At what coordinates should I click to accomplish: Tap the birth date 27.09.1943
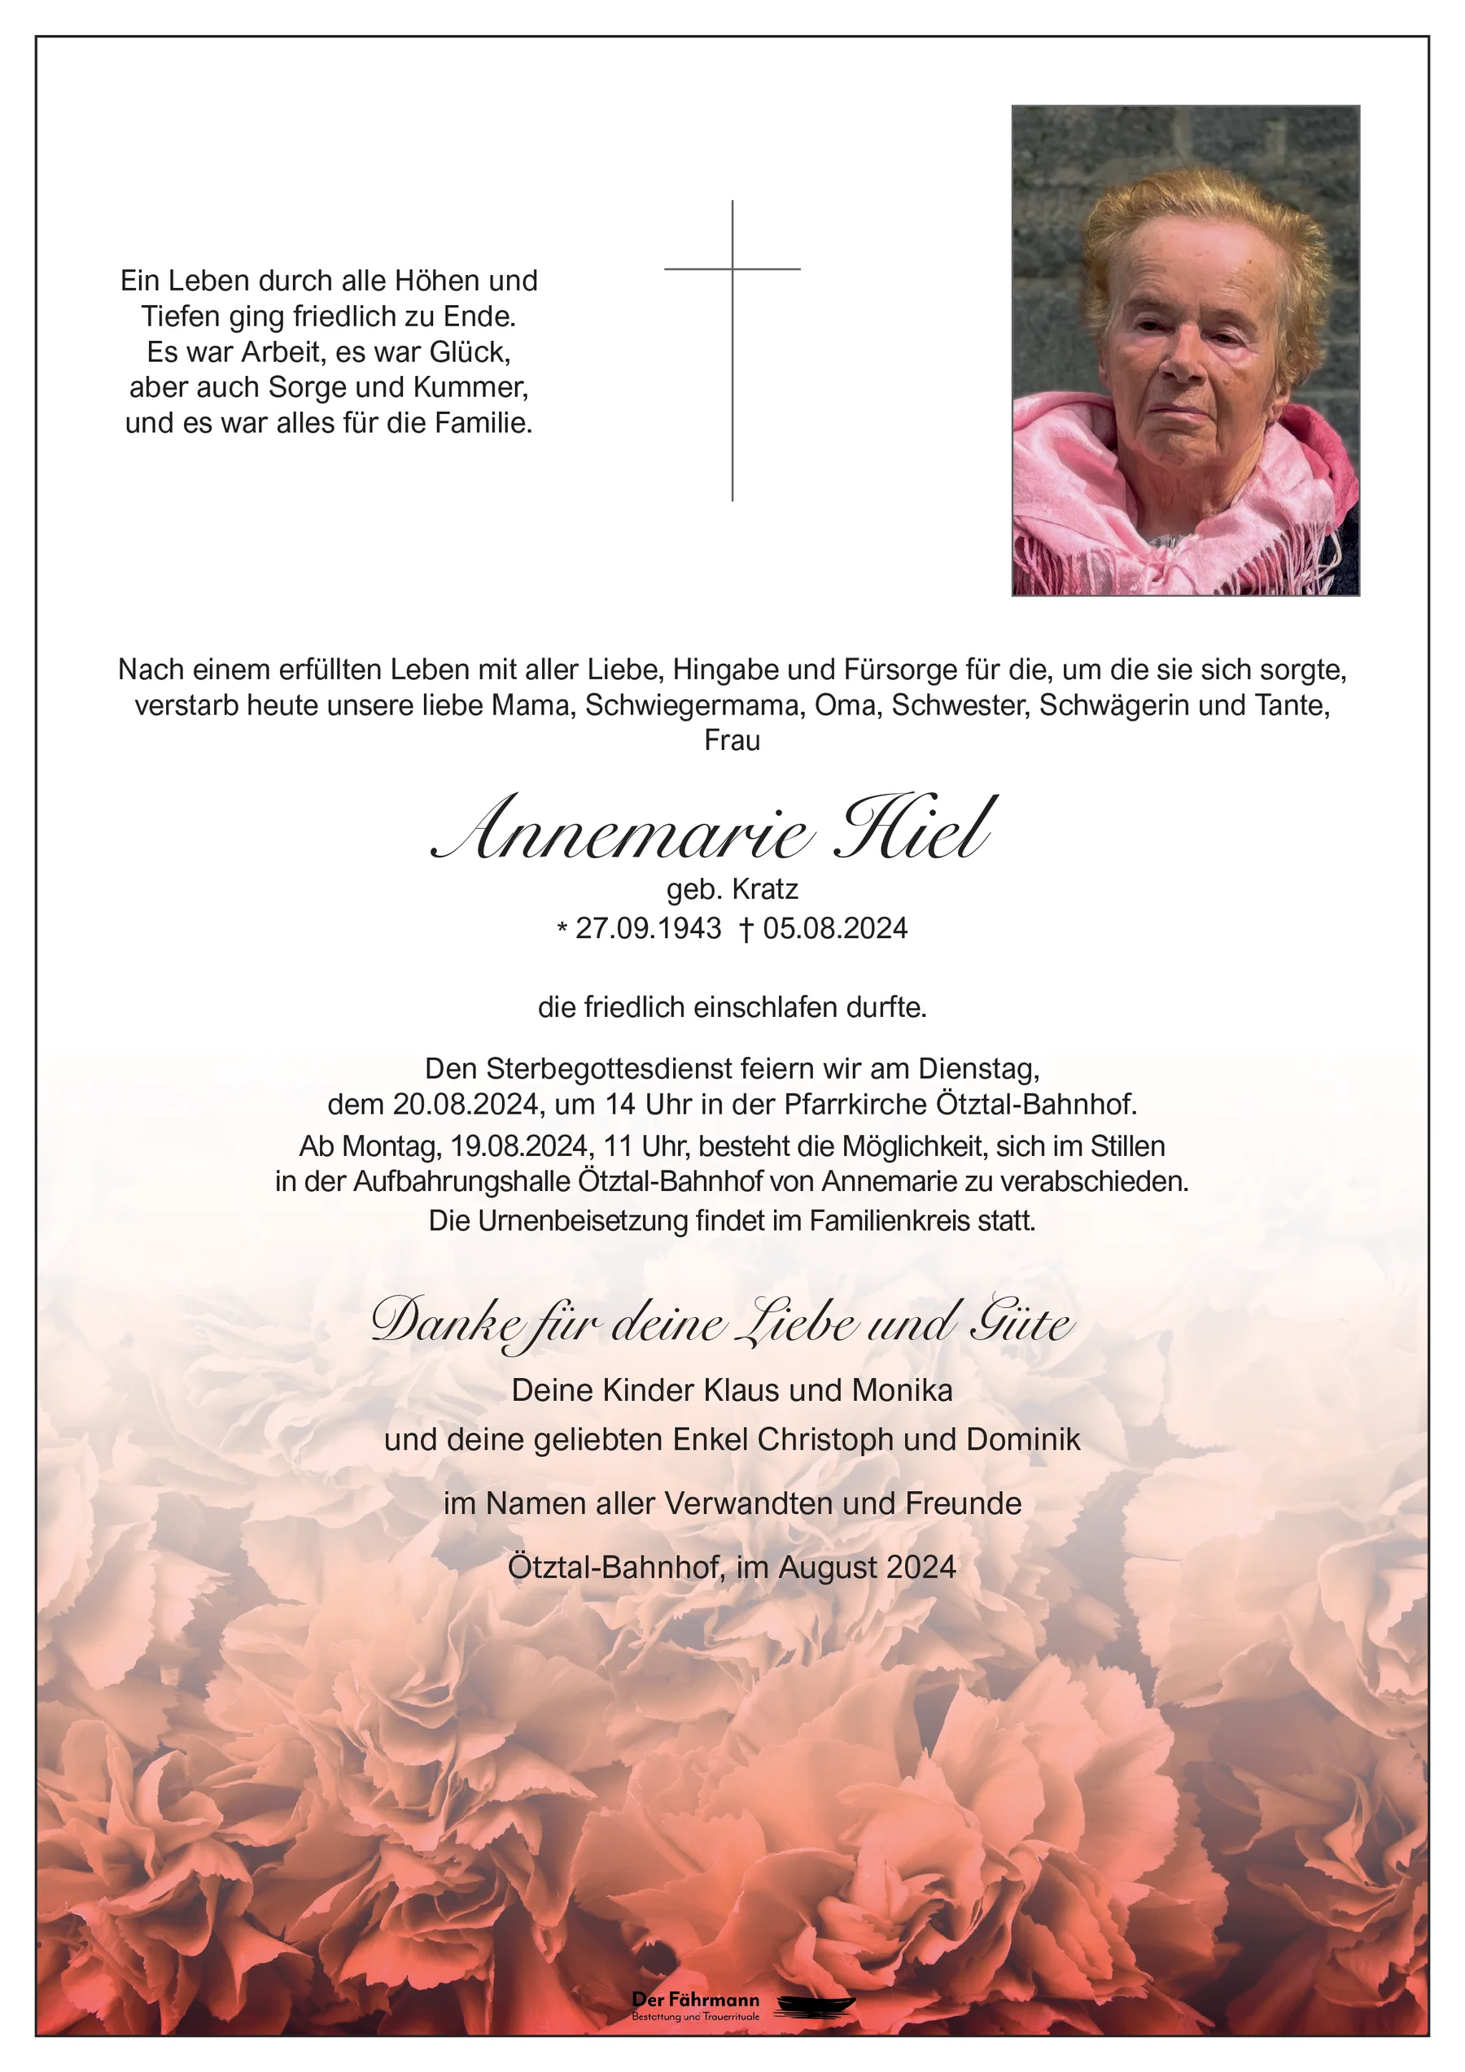pos(648,927)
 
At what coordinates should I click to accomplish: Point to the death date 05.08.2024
pos(835,927)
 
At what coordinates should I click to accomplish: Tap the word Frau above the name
pos(732,741)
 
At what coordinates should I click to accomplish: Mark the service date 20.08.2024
pos(466,1105)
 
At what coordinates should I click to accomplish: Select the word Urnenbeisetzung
pos(579,1221)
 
